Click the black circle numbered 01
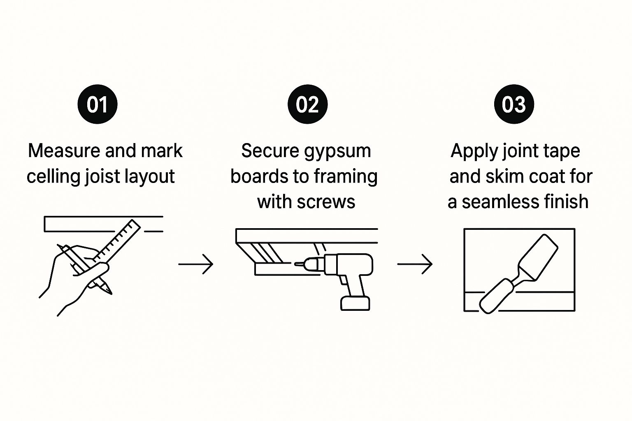pyautogui.click(x=98, y=104)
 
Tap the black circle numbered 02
pyautogui.click(x=307, y=104)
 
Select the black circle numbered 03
pyautogui.click(x=514, y=104)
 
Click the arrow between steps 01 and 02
pyautogui.click(x=196, y=264)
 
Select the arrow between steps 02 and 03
pyautogui.click(x=415, y=264)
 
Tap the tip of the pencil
pyautogui.click(x=109, y=292)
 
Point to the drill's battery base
pyautogui.click(x=355, y=303)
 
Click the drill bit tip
pyautogui.click(x=295, y=264)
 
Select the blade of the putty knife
pyautogui.click(x=539, y=257)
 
